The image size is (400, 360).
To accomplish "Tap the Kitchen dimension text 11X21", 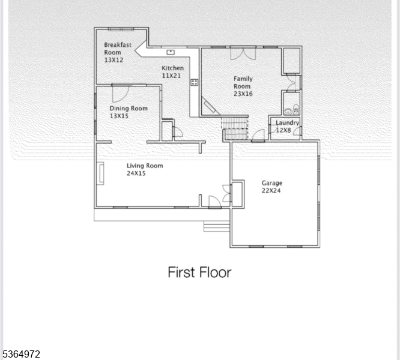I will pos(172,76).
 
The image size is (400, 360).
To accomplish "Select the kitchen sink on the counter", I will pos(171,52).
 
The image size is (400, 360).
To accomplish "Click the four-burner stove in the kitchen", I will pos(195,82).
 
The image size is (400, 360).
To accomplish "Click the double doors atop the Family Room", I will pos(243,53).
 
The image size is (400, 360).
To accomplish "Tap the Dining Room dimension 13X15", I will pos(119,116).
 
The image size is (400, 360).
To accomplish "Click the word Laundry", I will pos(287,122).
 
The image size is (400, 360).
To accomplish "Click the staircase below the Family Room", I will pos(235,127).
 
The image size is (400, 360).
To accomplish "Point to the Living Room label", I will pos(145,166).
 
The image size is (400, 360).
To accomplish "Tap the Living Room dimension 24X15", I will pos(136,173).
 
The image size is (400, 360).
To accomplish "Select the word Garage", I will pos(271,183).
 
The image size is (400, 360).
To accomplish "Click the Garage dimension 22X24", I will pos(271,191).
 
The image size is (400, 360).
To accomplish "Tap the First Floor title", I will pos(199,272).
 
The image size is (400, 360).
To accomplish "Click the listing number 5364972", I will pos(22,355).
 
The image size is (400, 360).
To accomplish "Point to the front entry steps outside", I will pos(217,226).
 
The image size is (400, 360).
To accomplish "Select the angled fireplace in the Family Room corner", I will pos(210,106).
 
